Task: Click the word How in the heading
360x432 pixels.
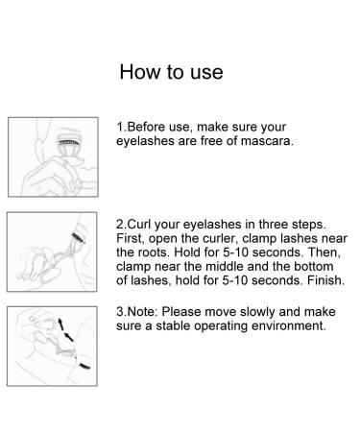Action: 140,72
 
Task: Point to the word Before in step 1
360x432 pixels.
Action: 146,127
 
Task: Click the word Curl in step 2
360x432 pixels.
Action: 139,224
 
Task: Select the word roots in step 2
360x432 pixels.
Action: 154,252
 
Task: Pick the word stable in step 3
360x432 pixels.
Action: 173,325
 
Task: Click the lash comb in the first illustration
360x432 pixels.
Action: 68,142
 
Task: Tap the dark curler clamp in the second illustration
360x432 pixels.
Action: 78,237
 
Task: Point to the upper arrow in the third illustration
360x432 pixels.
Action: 60,324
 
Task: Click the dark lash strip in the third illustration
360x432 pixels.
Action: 84,366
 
